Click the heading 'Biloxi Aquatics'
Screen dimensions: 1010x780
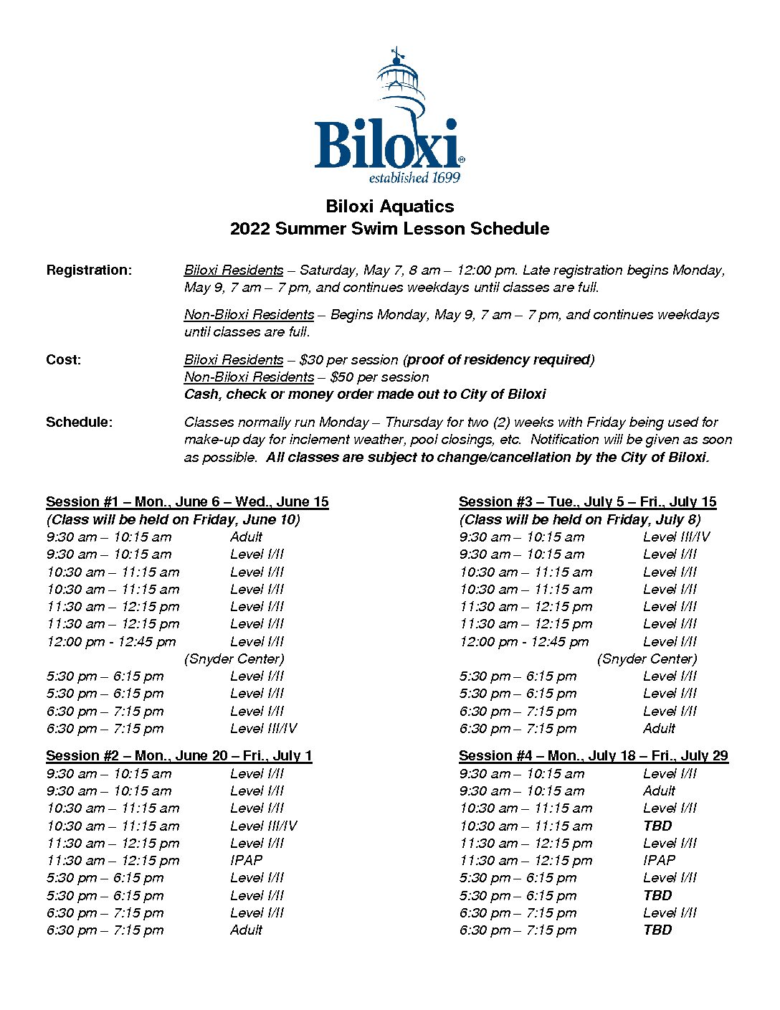point(389,207)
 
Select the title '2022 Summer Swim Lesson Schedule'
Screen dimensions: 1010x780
point(389,229)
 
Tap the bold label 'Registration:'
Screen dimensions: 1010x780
point(89,270)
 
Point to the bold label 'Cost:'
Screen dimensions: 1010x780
point(63,360)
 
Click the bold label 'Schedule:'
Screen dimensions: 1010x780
point(79,423)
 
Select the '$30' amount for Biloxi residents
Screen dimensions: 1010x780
point(312,360)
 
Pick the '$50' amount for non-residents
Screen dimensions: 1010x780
point(343,377)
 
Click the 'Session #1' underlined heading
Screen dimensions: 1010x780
point(187,502)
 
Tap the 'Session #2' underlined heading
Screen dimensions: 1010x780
point(179,756)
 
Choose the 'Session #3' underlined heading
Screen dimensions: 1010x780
point(587,502)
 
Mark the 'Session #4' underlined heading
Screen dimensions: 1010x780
point(593,756)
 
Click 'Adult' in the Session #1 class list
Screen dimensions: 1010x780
point(246,537)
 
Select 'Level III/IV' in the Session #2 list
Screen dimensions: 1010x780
point(263,826)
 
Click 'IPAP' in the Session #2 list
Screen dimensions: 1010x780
point(246,861)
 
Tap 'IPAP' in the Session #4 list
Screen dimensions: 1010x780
point(659,861)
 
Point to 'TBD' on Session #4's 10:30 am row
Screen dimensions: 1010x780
point(657,826)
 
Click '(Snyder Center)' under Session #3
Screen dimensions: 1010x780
point(647,659)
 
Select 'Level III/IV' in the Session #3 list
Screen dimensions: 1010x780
point(676,537)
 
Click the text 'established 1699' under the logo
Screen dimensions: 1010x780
point(414,178)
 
